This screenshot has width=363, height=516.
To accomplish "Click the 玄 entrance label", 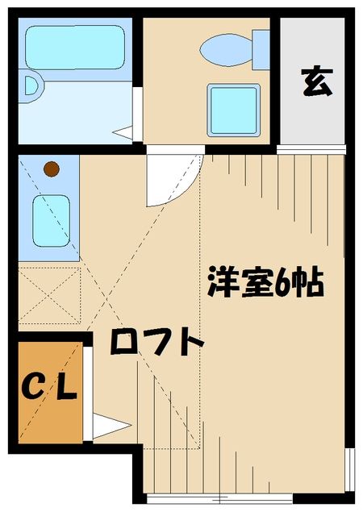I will [x=317, y=83].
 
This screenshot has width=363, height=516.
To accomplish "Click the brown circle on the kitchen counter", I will [x=51, y=169].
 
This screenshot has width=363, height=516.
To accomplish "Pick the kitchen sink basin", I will [x=50, y=218].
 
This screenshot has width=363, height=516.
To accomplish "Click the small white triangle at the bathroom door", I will [x=124, y=130].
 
